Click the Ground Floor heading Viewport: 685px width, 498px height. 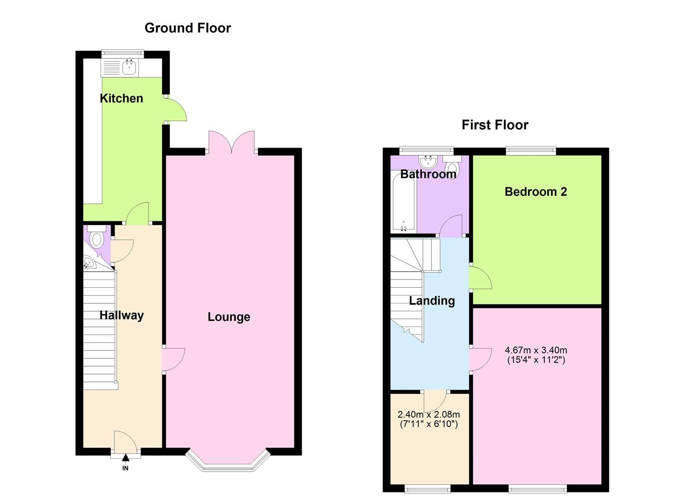click(x=187, y=28)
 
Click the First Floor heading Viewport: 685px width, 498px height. click(x=494, y=125)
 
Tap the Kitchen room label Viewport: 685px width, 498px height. click(x=121, y=98)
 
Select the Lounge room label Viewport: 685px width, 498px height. click(x=229, y=317)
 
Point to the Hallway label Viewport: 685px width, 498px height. click(x=122, y=315)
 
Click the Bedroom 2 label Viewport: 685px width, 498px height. click(x=536, y=192)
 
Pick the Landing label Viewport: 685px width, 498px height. click(x=432, y=301)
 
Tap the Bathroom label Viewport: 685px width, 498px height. click(x=428, y=174)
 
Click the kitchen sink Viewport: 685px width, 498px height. click(x=129, y=68)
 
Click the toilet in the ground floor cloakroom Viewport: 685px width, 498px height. click(x=96, y=238)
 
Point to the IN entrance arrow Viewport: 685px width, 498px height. click(x=125, y=458)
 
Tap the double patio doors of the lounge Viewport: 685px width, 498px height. click(x=232, y=143)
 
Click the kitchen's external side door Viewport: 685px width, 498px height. click(x=175, y=110)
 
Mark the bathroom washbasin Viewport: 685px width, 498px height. click(x=428, y=161)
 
